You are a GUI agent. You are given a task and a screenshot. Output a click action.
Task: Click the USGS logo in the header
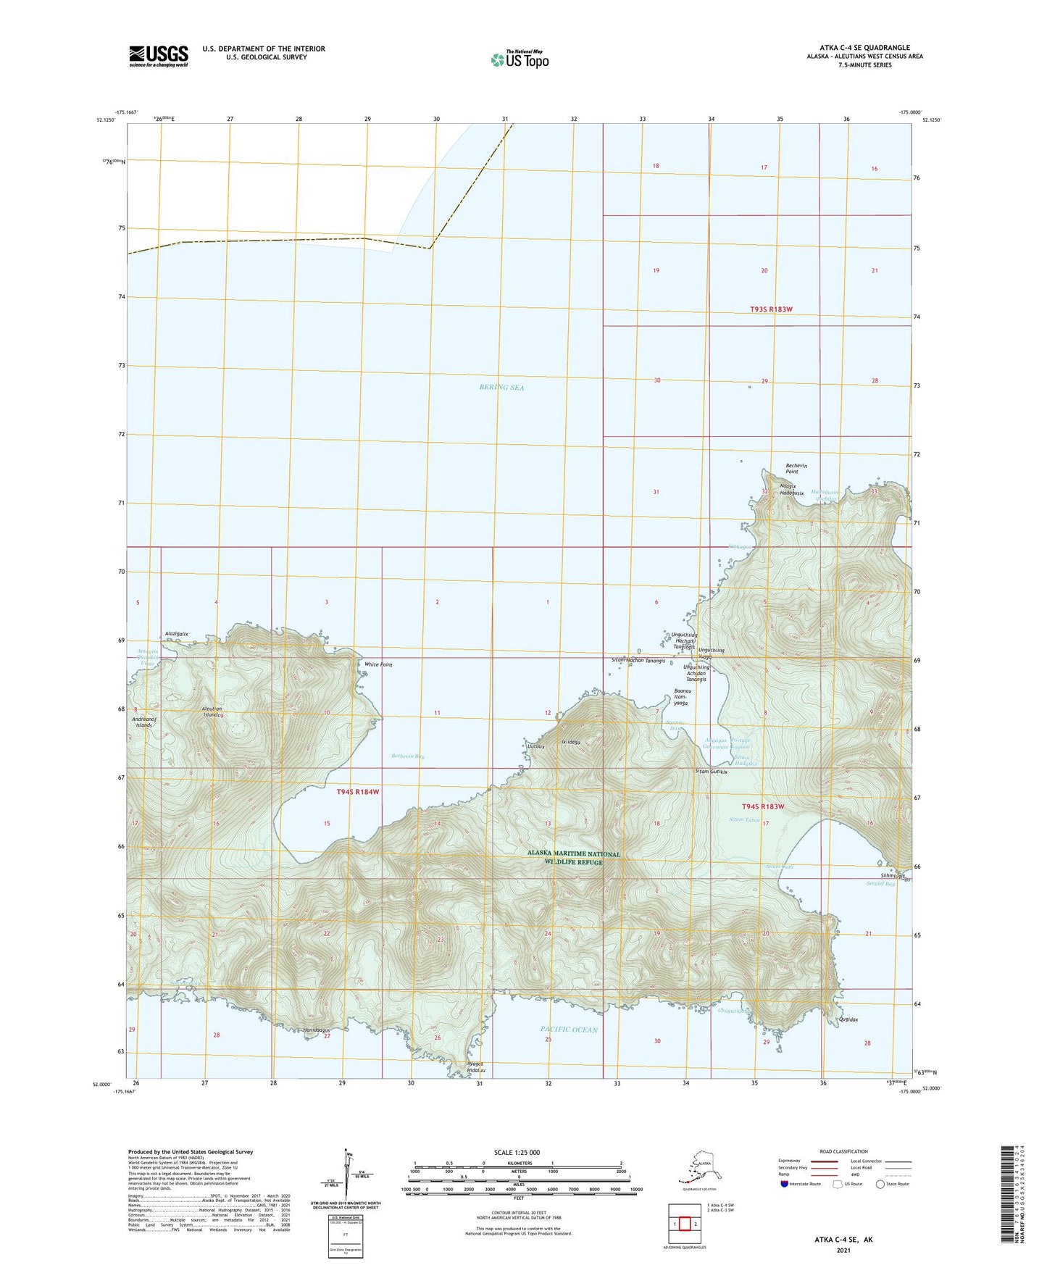[159, 56]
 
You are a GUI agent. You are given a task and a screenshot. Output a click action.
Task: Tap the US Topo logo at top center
[519, 59]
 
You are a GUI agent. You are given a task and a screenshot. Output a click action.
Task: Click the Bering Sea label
[501, 388]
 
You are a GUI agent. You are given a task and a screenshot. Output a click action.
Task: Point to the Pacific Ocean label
[569, 1030]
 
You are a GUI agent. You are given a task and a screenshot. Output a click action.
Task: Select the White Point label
[378, 664]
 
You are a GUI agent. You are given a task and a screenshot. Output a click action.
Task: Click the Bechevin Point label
[796, 469]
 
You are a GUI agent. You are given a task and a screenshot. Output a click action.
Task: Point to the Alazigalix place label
[177, 633]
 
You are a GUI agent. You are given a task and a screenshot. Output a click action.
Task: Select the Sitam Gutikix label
[711, 772]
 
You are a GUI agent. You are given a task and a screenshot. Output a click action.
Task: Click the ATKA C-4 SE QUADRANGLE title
[860, 48]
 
